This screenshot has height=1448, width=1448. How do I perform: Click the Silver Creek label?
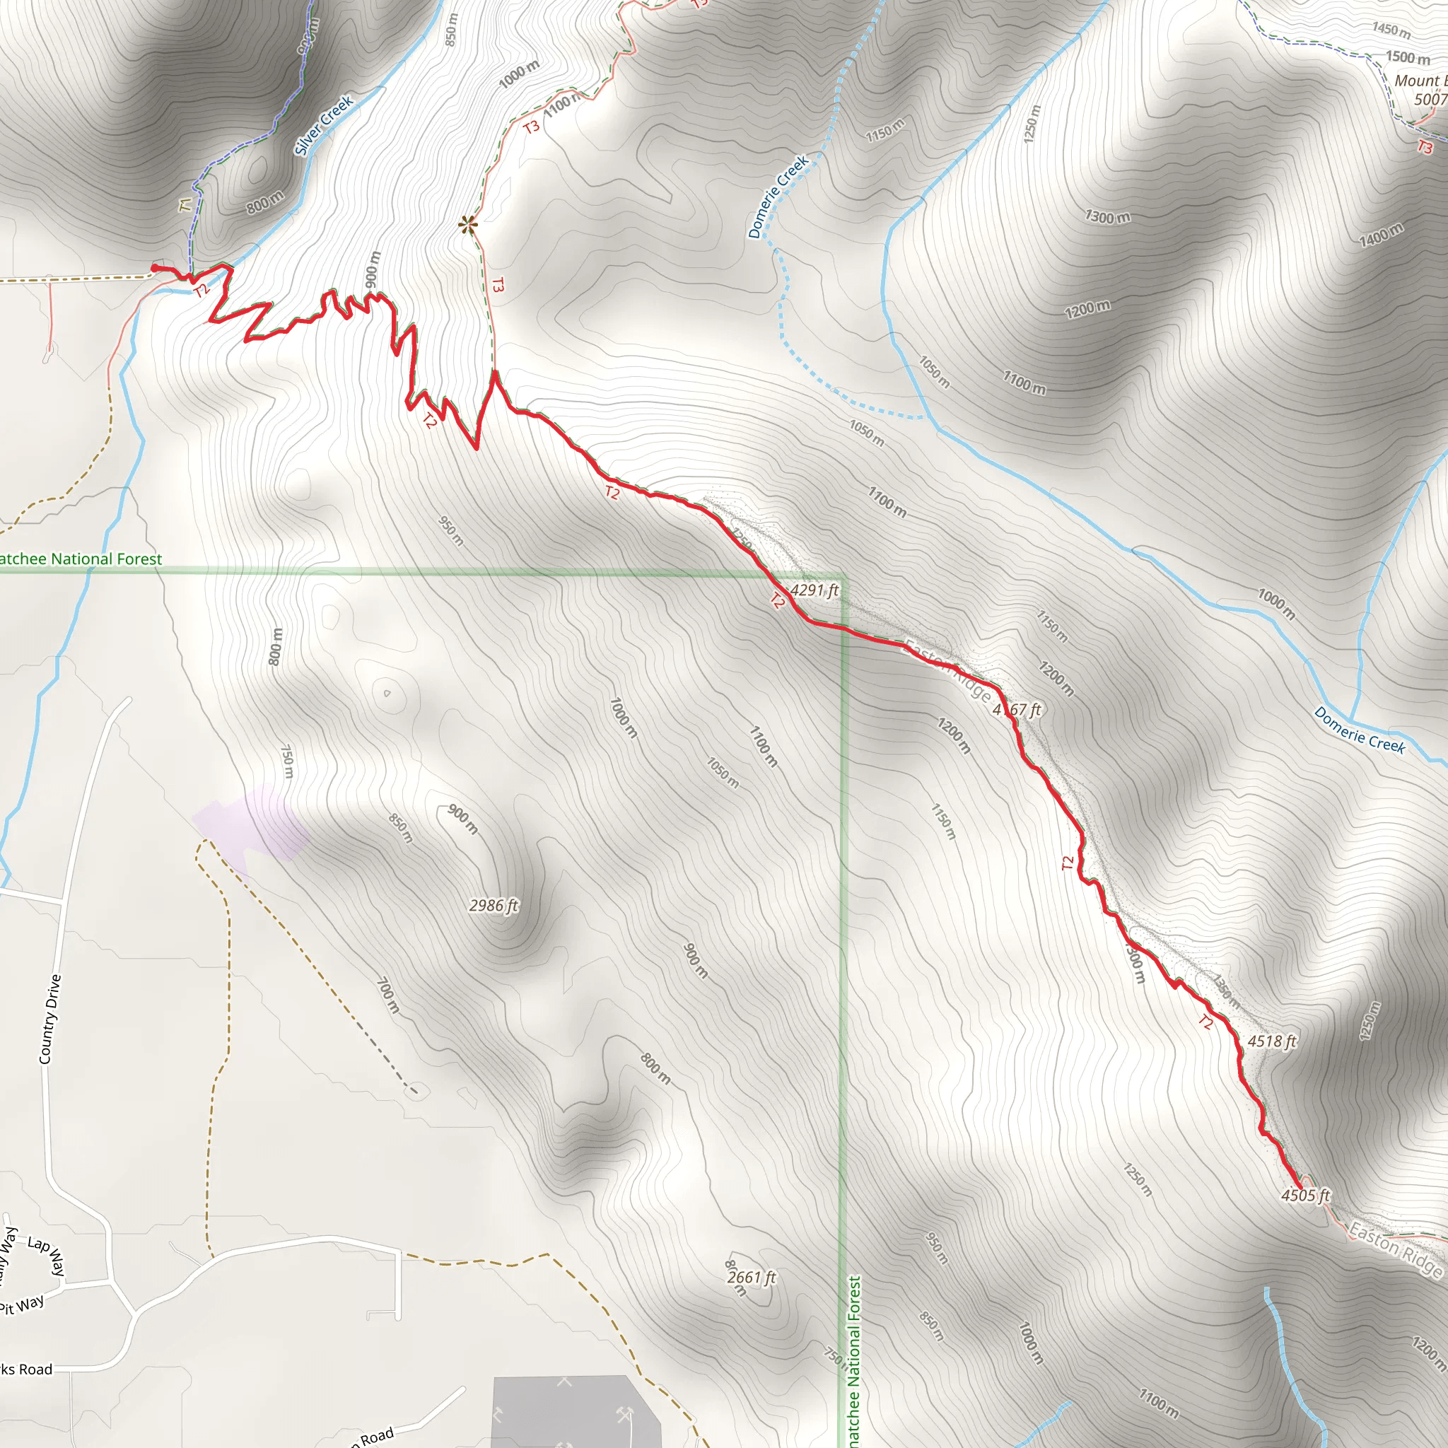click(x=323, y=125)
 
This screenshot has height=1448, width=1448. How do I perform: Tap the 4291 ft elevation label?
click(x=814, y=590)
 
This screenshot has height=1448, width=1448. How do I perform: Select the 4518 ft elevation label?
click(x=1272, y=1041)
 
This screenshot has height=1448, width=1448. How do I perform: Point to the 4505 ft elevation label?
click(x=1305, y=1196)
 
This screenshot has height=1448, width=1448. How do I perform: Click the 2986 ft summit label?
click(x=494, y=906)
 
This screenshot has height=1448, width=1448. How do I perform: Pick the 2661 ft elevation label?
click(x=752, y=1277)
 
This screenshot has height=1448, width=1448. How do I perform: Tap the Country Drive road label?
click(x=49, y=1019)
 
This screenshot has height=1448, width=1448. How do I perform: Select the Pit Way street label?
click(x=23, y=1306)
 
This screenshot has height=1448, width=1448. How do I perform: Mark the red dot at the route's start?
click(x=155, y=267)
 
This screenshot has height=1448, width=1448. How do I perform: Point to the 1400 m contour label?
click(x=1381, y=235)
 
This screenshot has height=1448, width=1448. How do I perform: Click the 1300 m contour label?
click(x=1108, y=217)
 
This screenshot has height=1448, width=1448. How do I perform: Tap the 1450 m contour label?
click(x=1391, y=29)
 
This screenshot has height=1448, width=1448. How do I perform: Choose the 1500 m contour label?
click(x=1408, y=57)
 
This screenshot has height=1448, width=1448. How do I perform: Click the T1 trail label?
click(x=185, y=204)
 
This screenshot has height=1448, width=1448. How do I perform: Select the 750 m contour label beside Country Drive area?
click(x=287, y=761)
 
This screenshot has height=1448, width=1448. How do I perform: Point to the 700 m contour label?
click(x=387, y=995)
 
